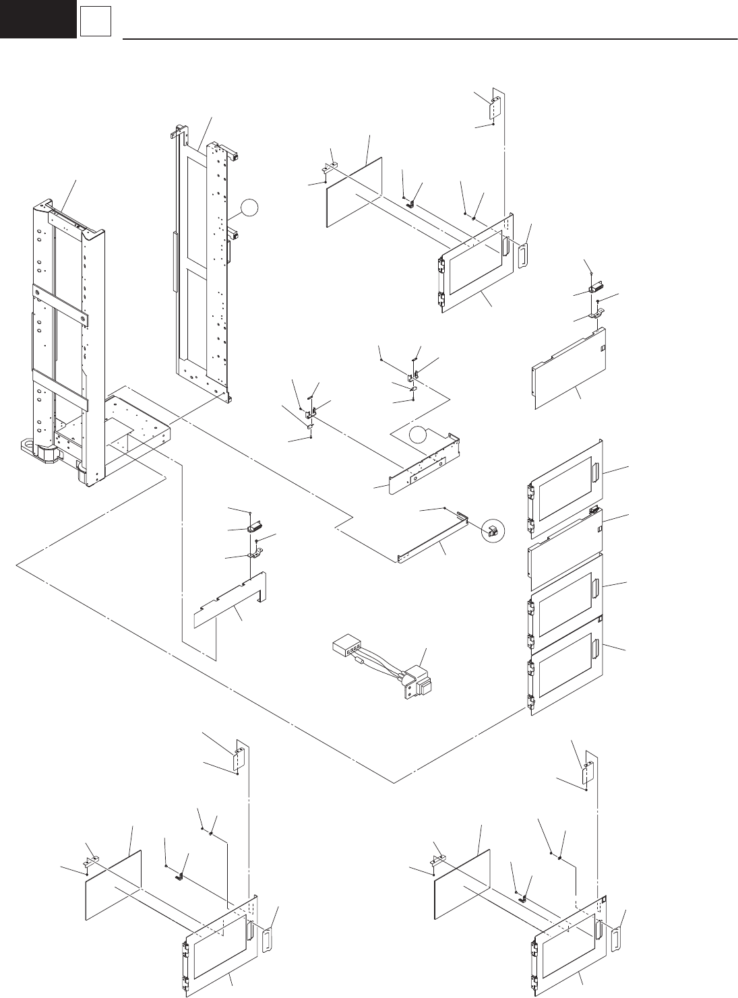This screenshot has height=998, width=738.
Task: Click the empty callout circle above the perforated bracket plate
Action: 420,436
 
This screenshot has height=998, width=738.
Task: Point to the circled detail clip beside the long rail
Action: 492,530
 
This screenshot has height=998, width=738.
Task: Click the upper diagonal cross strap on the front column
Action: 60,303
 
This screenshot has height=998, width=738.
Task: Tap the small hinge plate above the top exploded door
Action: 495,106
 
